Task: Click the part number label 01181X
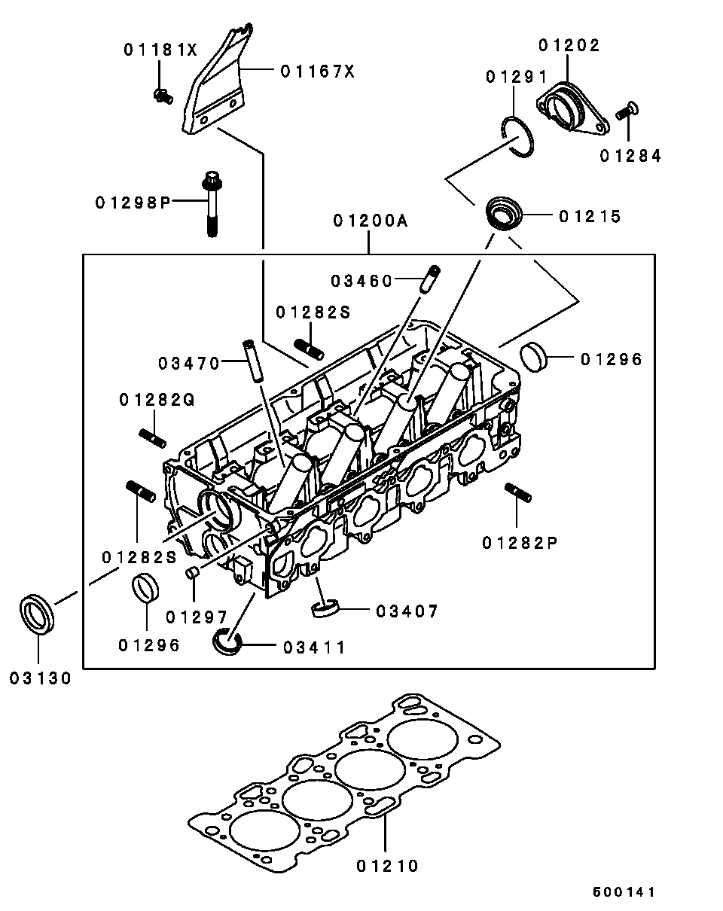coord(160,50)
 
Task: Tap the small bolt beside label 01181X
coord(162,95)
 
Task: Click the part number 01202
coord(569,46)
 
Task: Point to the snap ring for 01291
coord(519,137)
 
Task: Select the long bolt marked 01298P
coord(211,203)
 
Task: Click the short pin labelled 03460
coord(432,279)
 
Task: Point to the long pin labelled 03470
coord(251,361)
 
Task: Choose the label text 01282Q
coord(156,401)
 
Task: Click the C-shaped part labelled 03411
coord(225,641)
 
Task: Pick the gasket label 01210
coord(387,866)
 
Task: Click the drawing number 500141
coord(623,892)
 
